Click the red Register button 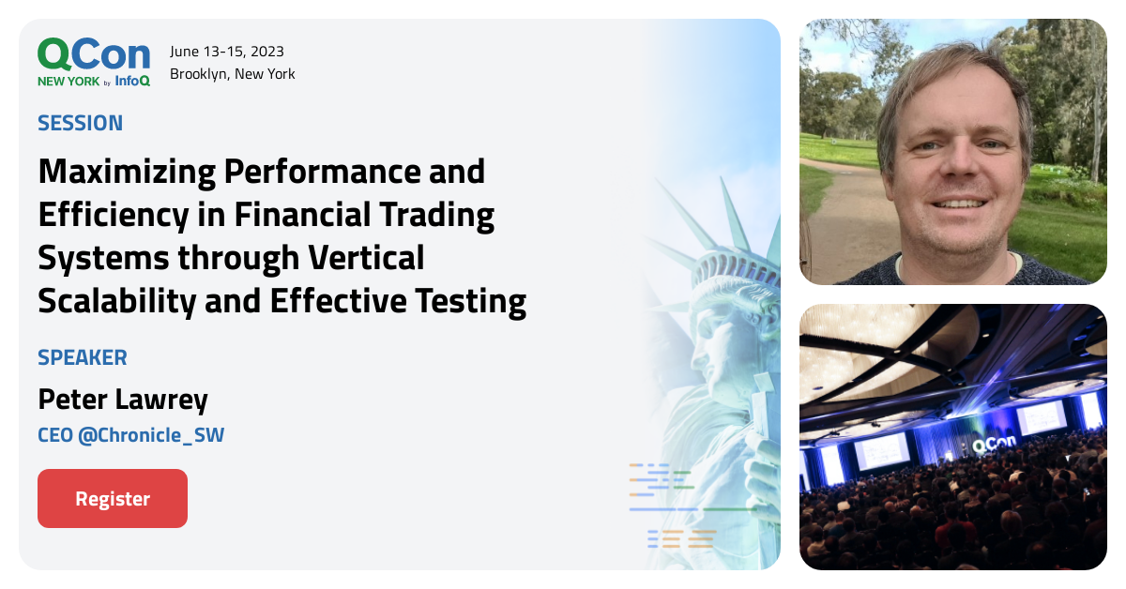pyautogui.click(x=113, y=498)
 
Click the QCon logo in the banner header pyautogui.click(x=93, y=54)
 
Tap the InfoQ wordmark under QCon pyautogui.click(x=132, y=81)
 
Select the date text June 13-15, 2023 pyautogui.click(x=226, y=52)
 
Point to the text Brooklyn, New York pyautogui.click(x=232, y=74)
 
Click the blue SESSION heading pyautogui.click(x=80, y=123)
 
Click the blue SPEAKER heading pyautogui.click(x=83, y=357)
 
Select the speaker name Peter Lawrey pyautogui.click(x=122, y=400)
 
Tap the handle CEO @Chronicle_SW pyautogui.click(x=130, y=435)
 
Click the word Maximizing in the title pyautogui.click(x=122, y=173)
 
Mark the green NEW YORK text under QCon pyautogui.click(x=68, y=82)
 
